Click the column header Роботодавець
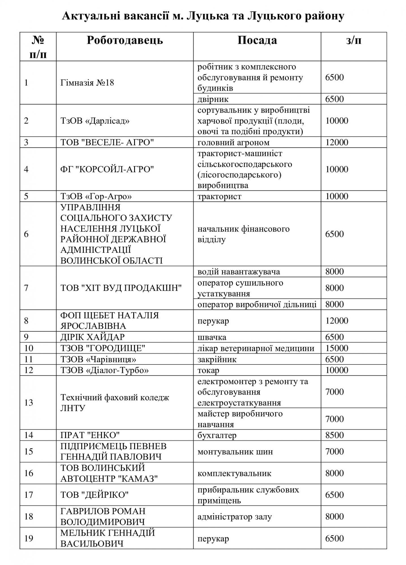point(125,40)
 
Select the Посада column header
point(257,40)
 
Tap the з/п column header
point(354,40)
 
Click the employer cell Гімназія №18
point(87,83)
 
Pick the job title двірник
point(213,99)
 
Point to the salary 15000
point(337,348)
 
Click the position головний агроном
point(233,142)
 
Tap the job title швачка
point(212,337)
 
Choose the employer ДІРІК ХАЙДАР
point(93,337)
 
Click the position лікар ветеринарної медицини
point(256,348)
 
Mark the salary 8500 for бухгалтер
point(334,435)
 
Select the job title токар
point(208,370)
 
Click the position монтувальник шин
point(235,452)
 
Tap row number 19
point(29,538)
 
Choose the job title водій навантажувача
point(239,272)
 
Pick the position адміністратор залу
point(235,517)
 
